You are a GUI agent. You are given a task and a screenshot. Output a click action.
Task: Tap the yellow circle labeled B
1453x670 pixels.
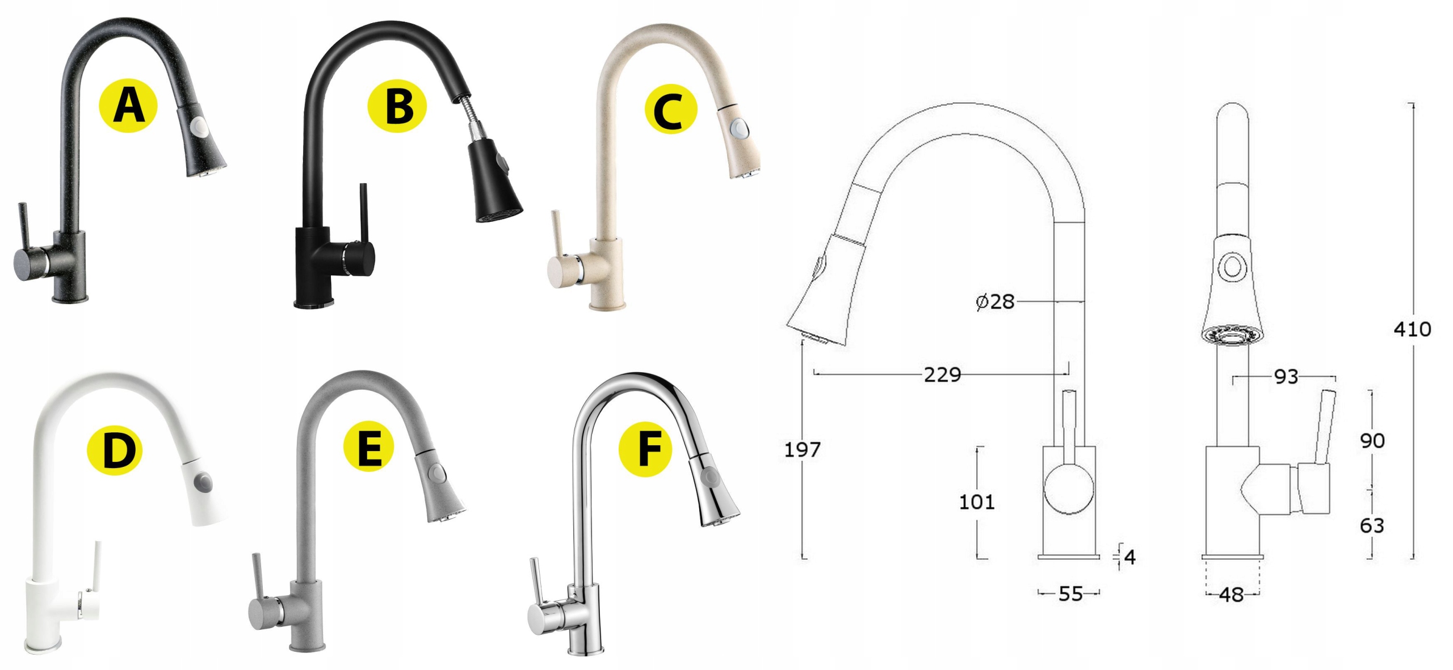400,107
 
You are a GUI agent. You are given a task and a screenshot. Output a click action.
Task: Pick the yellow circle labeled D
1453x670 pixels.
114,450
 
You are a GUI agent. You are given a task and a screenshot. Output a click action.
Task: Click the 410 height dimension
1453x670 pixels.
1412,329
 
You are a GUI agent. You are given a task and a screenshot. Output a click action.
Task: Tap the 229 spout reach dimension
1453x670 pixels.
942,374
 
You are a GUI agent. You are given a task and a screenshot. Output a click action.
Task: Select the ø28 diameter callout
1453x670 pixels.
995,301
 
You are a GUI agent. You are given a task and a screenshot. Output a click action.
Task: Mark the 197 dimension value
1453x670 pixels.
802,450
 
